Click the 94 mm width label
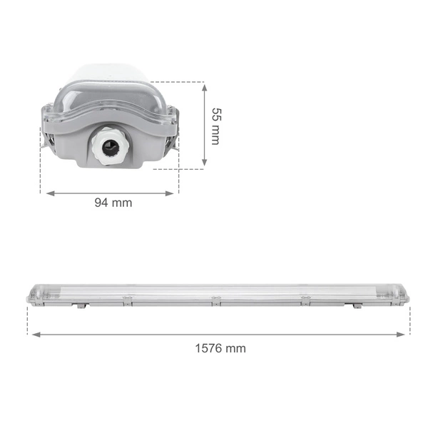[x=113, y=203]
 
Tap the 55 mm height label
[x=215, y=126]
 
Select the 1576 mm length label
[x=220, y=348]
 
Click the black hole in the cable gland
[x=108, y=148]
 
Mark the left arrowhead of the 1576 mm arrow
[x=33, y=333]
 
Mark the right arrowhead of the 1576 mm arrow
[x=407, y=333]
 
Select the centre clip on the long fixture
[x=213, y=297]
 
